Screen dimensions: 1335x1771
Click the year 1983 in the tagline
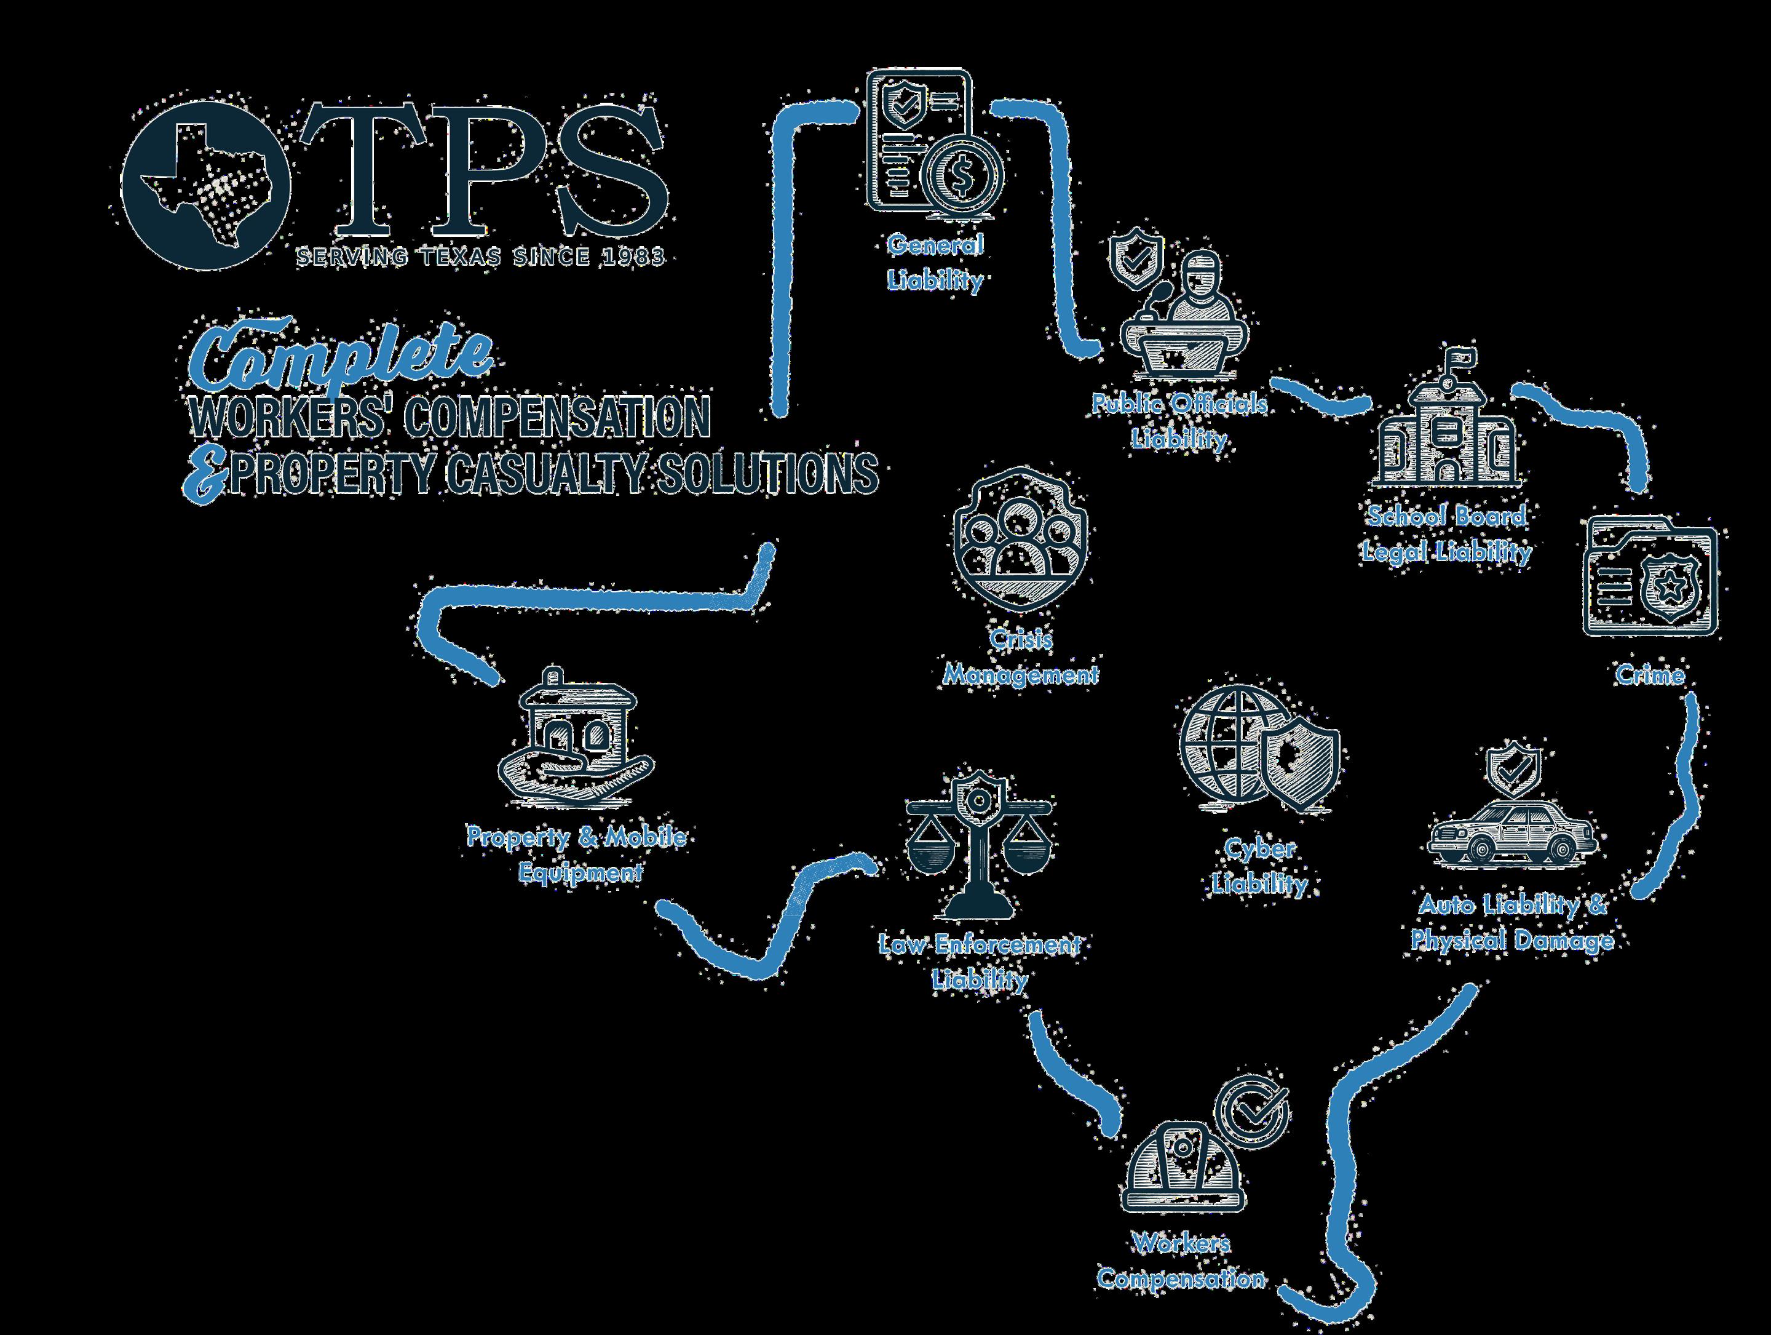coord(637,257)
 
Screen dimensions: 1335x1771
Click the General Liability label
coord(934,262)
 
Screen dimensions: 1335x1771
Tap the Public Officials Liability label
coord(1179,420)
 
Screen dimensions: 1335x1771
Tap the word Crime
coord(1650,675)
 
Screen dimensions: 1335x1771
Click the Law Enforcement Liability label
coord(979,962)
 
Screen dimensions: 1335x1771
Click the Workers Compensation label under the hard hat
coord(1181,1261)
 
